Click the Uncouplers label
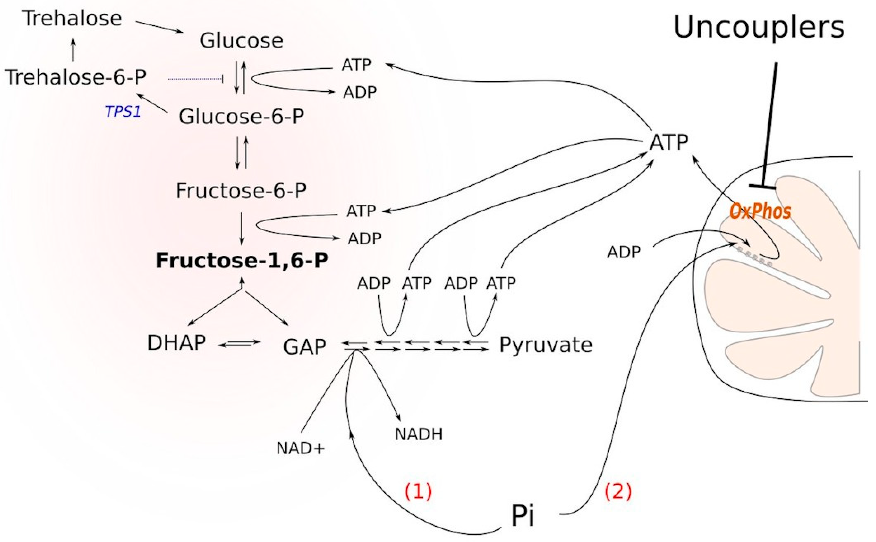pyautogui.click(x=759, y=28)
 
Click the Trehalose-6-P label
pyautogui.click(x=75, y=77)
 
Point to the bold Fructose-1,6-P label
pyautogui.click(x=242, y=261)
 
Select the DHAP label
pyautogui.click(x=177, y=343)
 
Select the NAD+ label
pyautogui.click(x=300, y=448)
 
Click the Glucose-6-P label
pyautogui.click(x=242, y=116)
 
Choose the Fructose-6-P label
pyautogui.click(x=241, y=190)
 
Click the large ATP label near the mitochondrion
pyautogui.click(x=669, y=142)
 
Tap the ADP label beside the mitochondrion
pyautogui.click(x=623, y=252)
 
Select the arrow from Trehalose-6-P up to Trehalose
pyautogui.click(x=73, y=50)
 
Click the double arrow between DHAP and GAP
pyautogui.click(x=240, y=343)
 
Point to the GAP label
pyautogui.click(x=305, y=347)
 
